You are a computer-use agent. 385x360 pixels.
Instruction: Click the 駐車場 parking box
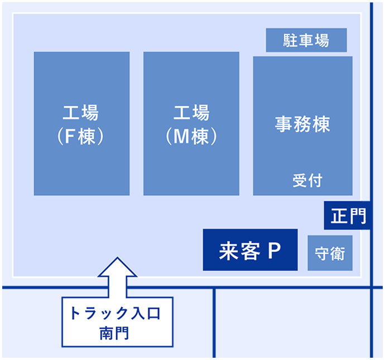coord(306,40)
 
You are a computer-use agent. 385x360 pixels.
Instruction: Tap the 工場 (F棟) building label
coord(80,124)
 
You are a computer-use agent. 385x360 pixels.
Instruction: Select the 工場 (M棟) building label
coord(191,124)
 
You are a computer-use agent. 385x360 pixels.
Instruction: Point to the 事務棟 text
coord(302,124)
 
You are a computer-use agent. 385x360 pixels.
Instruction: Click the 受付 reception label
coord(307,180)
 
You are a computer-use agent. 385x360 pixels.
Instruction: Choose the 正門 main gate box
coord(347,215)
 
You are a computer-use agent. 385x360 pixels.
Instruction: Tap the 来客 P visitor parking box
coord(250,249)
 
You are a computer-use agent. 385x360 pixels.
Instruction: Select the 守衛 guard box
coord(330,253)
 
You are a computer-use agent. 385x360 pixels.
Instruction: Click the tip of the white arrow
coord(117,257)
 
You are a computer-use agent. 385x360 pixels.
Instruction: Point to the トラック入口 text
coord(116,313)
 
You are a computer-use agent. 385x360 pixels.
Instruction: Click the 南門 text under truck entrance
coord(114,333)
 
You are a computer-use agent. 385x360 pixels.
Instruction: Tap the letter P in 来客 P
coord(275,250)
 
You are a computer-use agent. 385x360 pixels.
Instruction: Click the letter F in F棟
coord(70,136)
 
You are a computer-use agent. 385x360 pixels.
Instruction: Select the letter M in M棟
coord(181,136)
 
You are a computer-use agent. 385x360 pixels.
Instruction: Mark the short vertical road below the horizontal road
coord(214,323)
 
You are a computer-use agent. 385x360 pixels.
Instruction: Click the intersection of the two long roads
coord(372,287)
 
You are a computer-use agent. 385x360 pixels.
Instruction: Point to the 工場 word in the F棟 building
coord(80,113)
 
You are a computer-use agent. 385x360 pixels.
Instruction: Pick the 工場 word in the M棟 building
coord(191,113)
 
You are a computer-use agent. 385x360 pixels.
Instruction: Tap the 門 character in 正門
coord(358,216)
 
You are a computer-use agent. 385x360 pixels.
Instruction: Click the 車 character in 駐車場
coord(306,40)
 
